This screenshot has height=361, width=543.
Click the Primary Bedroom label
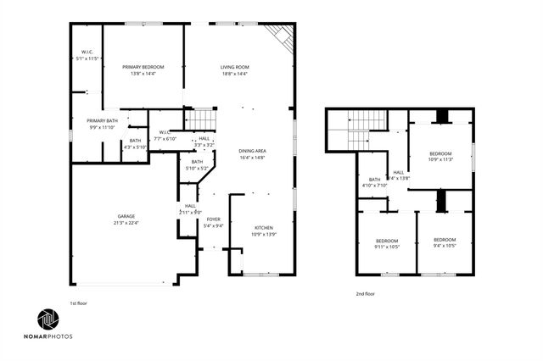click(x=143, y=67)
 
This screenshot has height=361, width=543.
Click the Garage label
click(x=126, y=217)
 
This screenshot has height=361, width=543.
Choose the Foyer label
click(x=214, y=219)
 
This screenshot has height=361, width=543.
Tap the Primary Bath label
click(x=101, y=121)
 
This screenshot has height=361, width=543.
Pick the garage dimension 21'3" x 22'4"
click(x=126, y=224)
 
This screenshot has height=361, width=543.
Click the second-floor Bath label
click(x=374, y=179)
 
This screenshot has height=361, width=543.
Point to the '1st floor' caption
click(x=78, y=303)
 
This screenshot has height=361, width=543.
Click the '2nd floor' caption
click(x=366, y=294)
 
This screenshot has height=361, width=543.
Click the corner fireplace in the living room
click(x=280, y=34)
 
